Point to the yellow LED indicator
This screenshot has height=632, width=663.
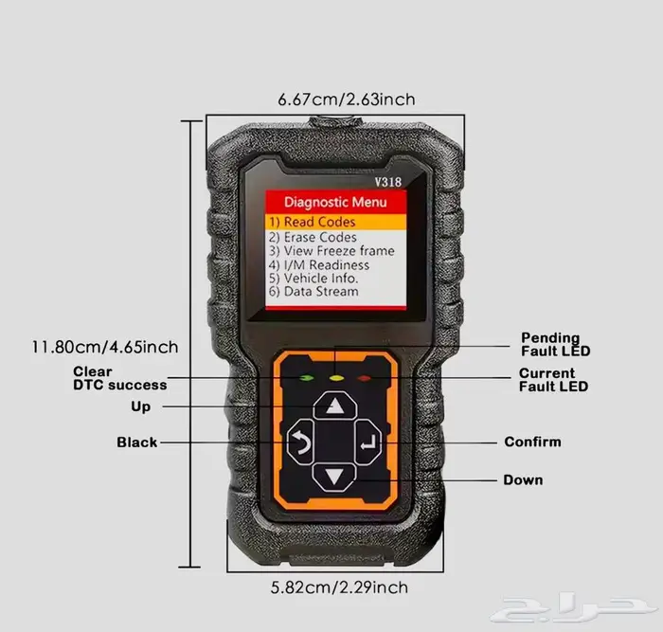pos(333,378)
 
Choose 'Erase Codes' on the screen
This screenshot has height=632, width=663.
pos(314,237)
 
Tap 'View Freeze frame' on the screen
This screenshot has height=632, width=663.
pos(331,251)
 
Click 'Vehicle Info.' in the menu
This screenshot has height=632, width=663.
pos(314,279)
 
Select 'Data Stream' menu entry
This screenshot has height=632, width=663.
pos(314,292)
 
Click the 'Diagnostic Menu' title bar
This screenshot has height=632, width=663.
pos(335,202)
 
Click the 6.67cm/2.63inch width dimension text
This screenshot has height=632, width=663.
pos(346,99)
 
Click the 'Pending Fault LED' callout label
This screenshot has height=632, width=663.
pos(554,345)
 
